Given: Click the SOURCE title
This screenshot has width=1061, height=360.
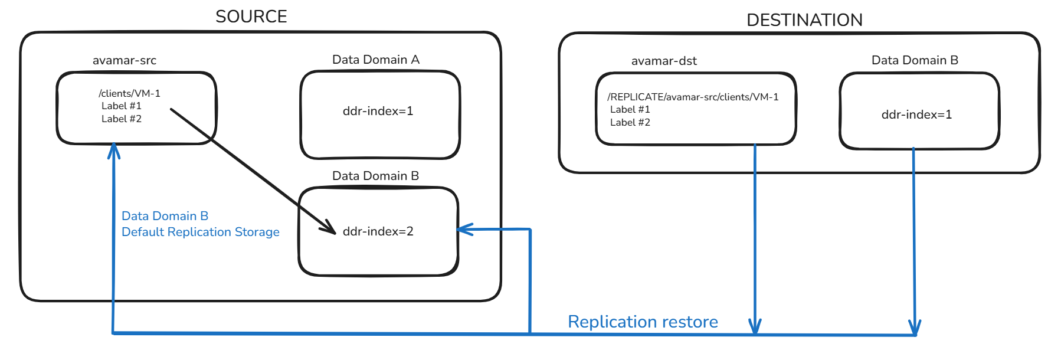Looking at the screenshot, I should pyautogui.click(x=251, y=17).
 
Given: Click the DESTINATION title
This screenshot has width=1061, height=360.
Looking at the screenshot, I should pyautogui.click(x=804, y=20).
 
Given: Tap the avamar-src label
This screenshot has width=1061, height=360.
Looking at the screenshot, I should pyautogui.click(x=124, y=60).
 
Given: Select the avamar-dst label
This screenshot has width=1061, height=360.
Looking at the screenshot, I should pyautogui.click(x=664, y=61).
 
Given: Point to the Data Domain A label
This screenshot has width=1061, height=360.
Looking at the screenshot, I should pyautogui.click(x=375, y=60).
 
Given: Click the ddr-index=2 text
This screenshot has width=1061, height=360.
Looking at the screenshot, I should pyautogui.click(x=378, y=231).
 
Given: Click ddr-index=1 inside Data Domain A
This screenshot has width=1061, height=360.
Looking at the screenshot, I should pyautogui.click(x=378, y=111).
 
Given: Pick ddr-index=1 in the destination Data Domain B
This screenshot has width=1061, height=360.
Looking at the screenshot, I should pyautogui.click(x=916, y=114).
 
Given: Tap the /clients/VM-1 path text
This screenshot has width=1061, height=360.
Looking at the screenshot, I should pyautogui.click(x=129, y=93).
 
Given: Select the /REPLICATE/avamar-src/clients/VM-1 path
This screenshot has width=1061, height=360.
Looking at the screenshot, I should pyautogui.click(x=693, y=97).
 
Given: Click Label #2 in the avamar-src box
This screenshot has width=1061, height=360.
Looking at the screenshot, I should pyautogui.click(x=121, y=119).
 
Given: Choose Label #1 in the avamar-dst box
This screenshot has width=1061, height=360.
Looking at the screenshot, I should pyautogui.click(x=630, y=109).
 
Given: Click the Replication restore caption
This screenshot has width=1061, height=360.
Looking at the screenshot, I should pyautogui.click(x=643, y=322).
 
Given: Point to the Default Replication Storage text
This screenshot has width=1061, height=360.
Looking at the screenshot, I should pyautogui.click(x=200, y=232).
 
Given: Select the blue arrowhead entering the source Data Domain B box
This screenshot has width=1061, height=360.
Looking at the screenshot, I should pyautogui.click(x=464, y=230).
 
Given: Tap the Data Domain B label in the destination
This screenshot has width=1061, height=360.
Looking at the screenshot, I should pyautogui.click(x=914, y=60).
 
